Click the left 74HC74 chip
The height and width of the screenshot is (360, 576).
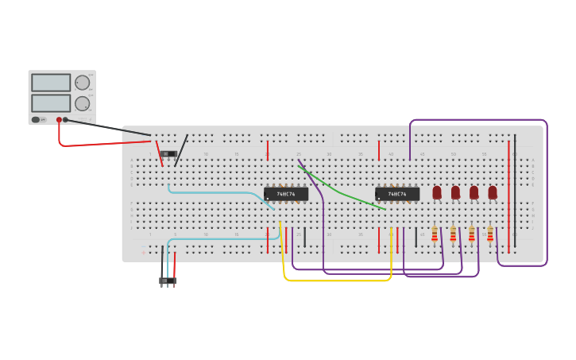coord(286,194)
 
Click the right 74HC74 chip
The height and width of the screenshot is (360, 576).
coord(397,194)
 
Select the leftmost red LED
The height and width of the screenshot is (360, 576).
coord(437,192)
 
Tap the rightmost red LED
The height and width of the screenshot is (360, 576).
coord(493,192)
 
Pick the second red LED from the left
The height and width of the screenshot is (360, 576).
coord(455,192)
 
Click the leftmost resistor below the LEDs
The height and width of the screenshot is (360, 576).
coord(435,234)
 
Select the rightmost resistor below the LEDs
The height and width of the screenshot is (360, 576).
coord(490,234)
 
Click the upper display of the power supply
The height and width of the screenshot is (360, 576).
coord(51,83)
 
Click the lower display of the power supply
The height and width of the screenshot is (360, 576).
coord(51,103)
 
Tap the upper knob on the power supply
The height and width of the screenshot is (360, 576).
coord(83,83)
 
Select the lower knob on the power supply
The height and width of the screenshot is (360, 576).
coord(83,103)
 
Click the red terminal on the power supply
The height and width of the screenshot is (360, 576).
coord(59,120)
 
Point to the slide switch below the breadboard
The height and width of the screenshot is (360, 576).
coord(168,281)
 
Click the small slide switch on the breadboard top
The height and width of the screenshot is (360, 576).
coord(168,154)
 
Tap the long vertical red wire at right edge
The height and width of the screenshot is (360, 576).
coord(508,195)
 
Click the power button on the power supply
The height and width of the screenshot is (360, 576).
coord(36,120)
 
